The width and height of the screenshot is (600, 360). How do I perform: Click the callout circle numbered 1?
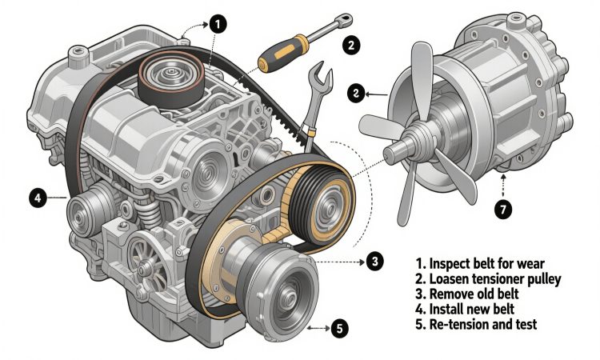tap(218, 25)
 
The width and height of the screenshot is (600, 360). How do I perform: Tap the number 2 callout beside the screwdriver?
tap(351, 46)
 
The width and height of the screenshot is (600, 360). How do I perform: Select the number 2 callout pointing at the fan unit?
tap(356, 94)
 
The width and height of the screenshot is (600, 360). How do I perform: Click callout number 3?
tap(374, 262)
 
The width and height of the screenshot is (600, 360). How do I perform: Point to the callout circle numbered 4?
tap(38, 198)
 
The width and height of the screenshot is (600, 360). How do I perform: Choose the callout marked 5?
tap(340, 328)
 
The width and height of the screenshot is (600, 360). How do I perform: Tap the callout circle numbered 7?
tap(503, 210)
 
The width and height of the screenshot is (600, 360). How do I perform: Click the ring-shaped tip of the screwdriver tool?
tap(345, 19)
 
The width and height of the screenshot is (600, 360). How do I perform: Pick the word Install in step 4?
tap(445, 309)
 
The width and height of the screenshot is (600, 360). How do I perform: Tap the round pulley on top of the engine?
tap(171, 78)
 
